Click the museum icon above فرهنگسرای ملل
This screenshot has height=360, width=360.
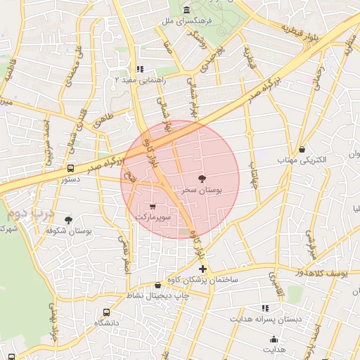[186, 10]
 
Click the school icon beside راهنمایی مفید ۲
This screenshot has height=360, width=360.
[139, 69]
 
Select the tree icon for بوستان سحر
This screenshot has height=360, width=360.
[202, 179]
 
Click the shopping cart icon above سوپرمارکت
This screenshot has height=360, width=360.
[153, 207]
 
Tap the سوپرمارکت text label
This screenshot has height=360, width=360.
[153, 217]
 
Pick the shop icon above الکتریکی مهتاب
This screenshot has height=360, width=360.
[302, 149]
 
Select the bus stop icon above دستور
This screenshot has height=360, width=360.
[70, 168]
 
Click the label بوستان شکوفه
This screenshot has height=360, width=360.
[73, 231]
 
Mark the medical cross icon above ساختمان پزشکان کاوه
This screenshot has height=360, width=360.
[202, 269]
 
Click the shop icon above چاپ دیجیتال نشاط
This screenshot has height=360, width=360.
[158, 285]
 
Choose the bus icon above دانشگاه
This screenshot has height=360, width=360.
[106, 312]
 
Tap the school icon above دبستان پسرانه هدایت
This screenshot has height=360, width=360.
[265, 307]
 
